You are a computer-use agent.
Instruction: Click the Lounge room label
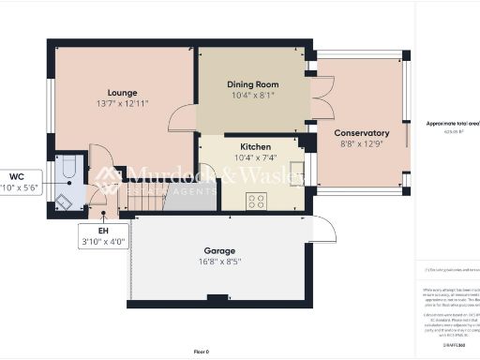click(x=122, y=93)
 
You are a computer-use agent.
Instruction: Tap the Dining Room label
click(x=253, y=84)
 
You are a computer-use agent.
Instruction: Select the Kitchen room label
click(x=255, y=147)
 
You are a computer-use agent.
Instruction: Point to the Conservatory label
click(x=361, y=133)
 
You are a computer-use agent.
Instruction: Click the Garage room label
click(x=219, y=250)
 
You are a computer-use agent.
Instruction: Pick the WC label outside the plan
click(x=17, y=176)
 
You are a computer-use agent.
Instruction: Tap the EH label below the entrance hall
click(x=104, y=231)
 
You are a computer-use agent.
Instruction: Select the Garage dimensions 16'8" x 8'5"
click(x=219, y=262)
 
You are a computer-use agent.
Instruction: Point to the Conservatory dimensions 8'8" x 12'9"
click(x=361, y=145)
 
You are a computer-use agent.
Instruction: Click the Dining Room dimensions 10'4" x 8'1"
click(x=253, y=96)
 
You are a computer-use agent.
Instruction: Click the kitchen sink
click(x=296, y=175)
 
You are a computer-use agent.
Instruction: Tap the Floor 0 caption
click(x=201, y=351)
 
